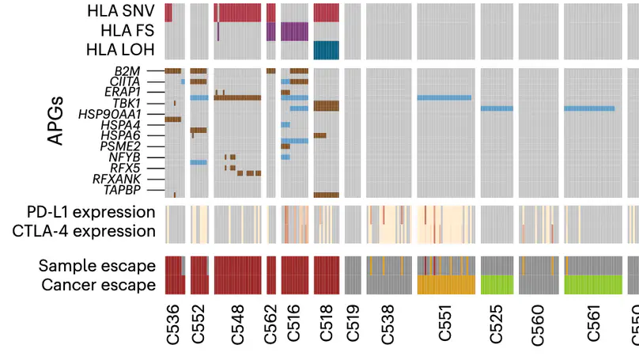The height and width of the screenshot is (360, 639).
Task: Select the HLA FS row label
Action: click(x=127, y=31)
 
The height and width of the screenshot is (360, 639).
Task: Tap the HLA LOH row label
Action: click(x=123, y=50)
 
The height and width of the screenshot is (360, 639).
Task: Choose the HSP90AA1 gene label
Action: click(x=121, y=115)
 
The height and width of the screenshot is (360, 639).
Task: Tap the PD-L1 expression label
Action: click(x=85, y=212)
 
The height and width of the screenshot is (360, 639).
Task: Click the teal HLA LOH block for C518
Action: click(x=326, y=50)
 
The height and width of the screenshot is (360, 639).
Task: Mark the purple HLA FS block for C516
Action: click(x=294, y=31)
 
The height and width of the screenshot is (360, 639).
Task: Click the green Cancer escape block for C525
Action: click(x=497, y=285)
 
